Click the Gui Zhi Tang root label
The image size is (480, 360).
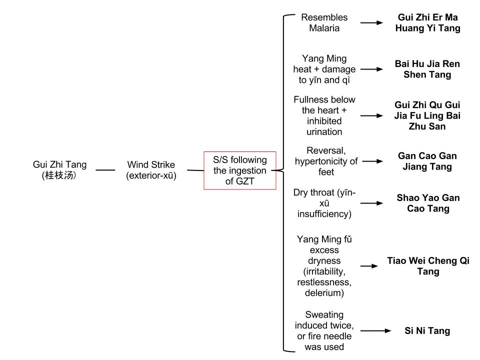coord(59,164)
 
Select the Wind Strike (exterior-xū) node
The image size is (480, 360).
coord(151,170)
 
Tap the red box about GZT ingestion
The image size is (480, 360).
coord(239,170)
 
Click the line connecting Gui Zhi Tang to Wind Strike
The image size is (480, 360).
coord(105,170)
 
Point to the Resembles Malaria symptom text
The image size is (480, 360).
coord(324,23)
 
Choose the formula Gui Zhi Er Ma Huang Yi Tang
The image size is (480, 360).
coord(427,23)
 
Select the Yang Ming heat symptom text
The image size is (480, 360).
coord(324,69)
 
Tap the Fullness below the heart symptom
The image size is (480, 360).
coord(324,115)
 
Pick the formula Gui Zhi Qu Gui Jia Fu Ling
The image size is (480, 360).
coord(427,115)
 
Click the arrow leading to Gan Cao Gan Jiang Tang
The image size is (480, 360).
coord(371,161)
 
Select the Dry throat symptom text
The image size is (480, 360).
coord(324,203)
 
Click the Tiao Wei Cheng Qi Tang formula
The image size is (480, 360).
coord(428,266)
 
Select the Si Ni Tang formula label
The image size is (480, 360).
coord(427,330)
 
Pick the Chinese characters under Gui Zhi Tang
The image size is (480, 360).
coord(59,175)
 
